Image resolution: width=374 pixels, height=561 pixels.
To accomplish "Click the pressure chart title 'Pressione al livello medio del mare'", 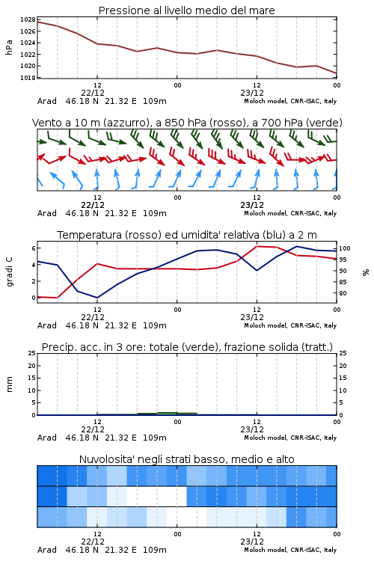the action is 186,10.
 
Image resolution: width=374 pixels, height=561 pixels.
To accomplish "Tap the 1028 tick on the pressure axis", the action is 28,19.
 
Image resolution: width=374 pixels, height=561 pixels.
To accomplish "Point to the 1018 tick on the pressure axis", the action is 28,78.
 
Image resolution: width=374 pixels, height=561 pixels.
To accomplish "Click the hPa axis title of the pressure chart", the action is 9,47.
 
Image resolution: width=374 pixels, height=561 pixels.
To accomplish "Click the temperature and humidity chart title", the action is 187,235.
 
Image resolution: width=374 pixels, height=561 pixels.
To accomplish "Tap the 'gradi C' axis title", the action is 9,272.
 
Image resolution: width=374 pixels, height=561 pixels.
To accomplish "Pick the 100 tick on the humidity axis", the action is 345,248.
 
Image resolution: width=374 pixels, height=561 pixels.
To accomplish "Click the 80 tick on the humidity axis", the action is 343,293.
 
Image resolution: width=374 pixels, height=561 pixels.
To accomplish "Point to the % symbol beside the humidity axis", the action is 366,272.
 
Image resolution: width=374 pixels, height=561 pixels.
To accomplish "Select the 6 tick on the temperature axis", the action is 34,248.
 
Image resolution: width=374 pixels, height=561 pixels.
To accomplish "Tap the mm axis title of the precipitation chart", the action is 9,384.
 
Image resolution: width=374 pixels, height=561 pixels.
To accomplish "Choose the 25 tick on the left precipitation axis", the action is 32,353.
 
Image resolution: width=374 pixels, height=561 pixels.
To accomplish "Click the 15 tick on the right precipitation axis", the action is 343,378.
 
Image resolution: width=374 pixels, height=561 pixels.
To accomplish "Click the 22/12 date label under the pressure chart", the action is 93,93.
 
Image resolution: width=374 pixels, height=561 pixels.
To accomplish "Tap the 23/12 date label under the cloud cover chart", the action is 252,542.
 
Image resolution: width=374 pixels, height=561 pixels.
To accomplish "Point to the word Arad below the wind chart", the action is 47,213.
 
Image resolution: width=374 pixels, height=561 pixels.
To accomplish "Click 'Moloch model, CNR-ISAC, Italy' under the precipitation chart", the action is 290,438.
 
